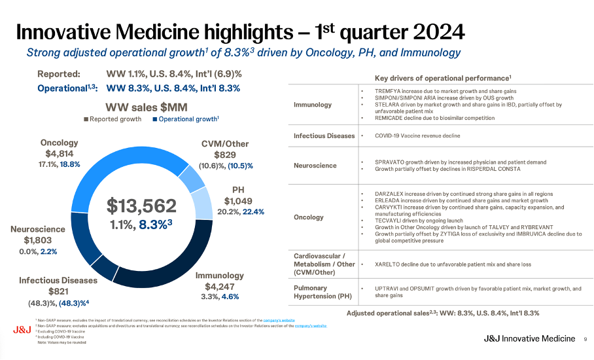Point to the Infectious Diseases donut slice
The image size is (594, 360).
[x=104, y=265]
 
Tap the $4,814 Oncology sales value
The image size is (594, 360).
[x=58, y=153]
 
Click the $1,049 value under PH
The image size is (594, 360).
[x=237, y=201]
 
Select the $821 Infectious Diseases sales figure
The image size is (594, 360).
[x=58, y=291]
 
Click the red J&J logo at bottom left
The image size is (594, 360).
[x=21, y=330]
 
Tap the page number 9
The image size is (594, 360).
[x=585, y=338]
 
